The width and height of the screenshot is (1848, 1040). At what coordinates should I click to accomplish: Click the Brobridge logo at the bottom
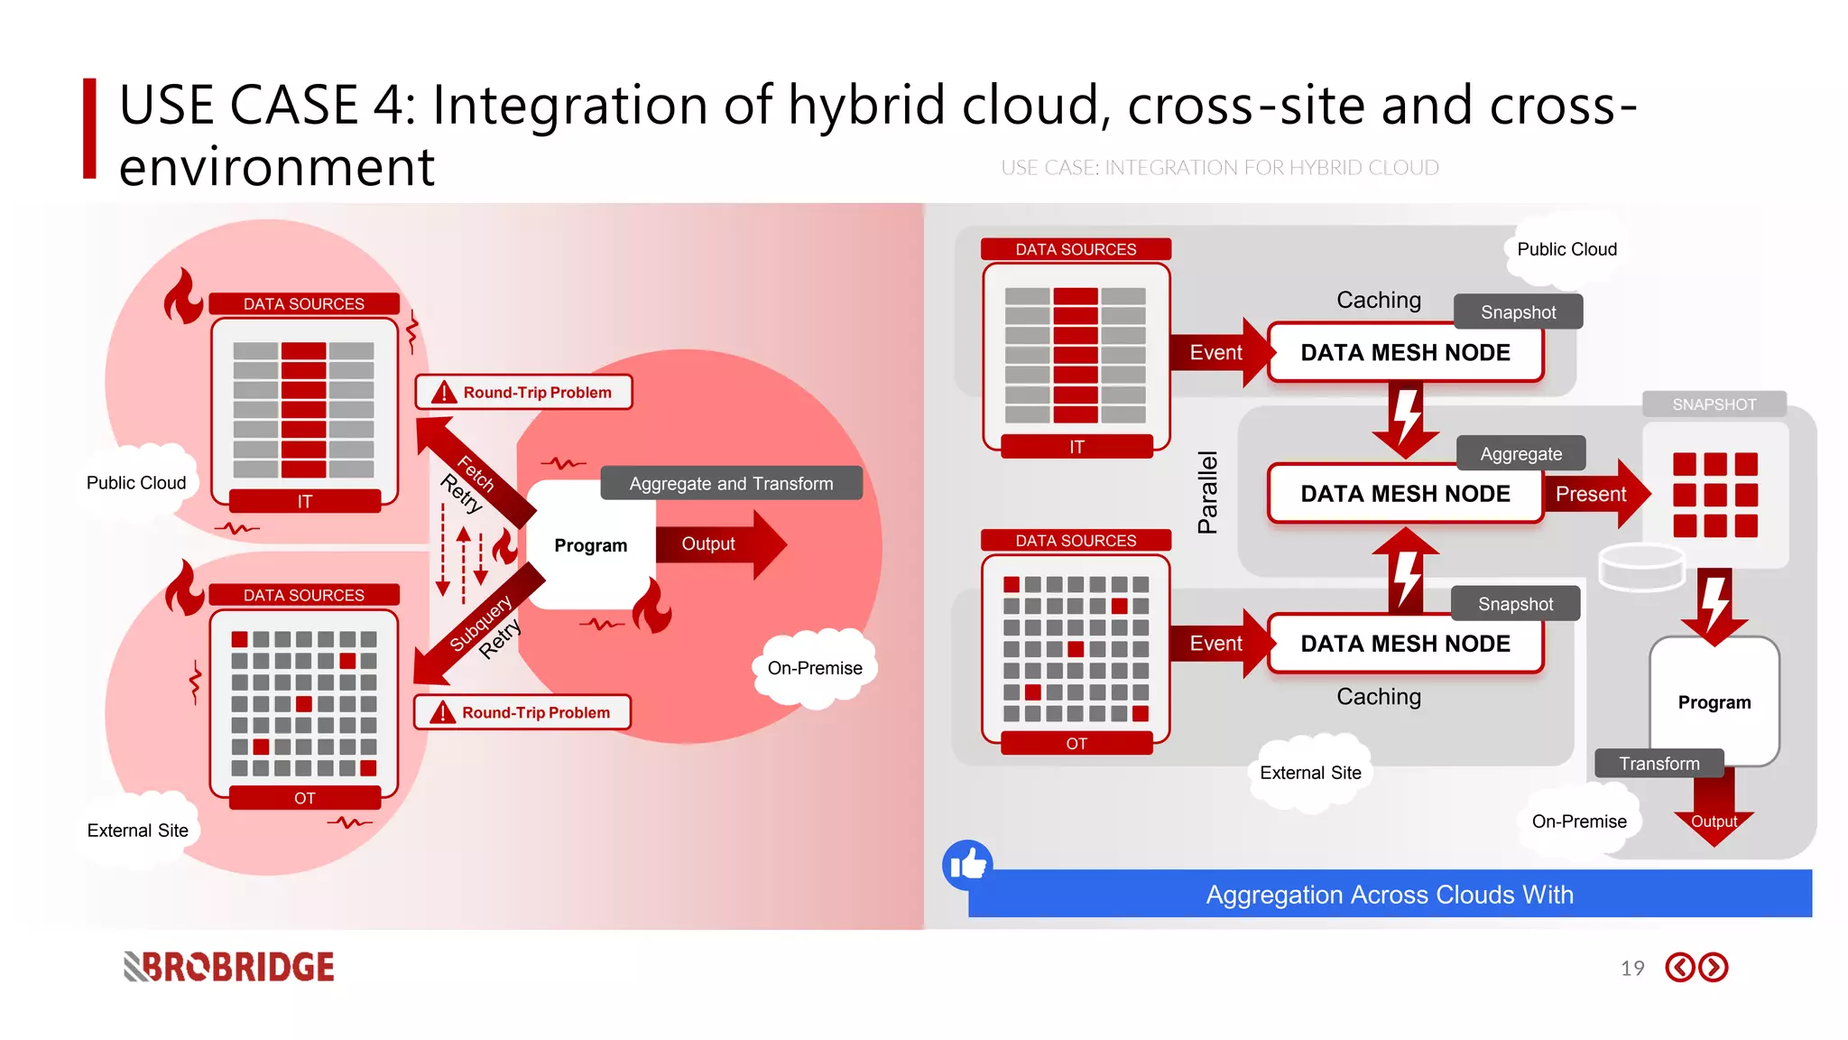pos(229,967)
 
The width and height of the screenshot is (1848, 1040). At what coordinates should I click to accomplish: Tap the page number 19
pos(1631,969)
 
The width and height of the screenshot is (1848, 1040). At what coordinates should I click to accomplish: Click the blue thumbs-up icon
pos(967,865)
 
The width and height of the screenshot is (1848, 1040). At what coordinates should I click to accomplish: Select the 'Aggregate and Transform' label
pos(731,484)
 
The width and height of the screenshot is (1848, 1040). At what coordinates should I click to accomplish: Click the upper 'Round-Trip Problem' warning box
pos(524,393)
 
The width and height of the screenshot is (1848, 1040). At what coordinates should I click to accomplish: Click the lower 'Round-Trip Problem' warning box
pos(522,712)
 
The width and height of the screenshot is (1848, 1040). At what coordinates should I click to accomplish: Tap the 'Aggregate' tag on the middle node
pos(1520,454)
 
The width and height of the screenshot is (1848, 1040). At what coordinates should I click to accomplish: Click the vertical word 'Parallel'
pos(1207,492)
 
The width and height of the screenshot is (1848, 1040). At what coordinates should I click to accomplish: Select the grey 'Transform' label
pos(1659,764)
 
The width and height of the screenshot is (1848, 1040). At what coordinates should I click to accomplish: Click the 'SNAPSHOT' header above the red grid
pos(1714,404)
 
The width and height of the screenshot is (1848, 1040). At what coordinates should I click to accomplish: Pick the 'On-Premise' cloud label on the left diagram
pos(815,668)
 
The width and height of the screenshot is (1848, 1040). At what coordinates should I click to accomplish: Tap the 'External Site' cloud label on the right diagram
pos(1310,773)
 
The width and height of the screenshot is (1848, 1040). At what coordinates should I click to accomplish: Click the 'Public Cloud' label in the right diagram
pos(1566,249)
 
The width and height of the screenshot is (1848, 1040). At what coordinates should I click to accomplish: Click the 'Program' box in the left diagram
pos(590,545)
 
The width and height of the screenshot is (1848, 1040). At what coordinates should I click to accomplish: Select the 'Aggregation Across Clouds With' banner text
pos(1390,895)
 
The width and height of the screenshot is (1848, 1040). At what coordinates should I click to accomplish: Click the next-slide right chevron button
pos(1713,968)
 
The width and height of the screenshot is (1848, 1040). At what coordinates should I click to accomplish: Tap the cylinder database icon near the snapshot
pos(1641,567)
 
